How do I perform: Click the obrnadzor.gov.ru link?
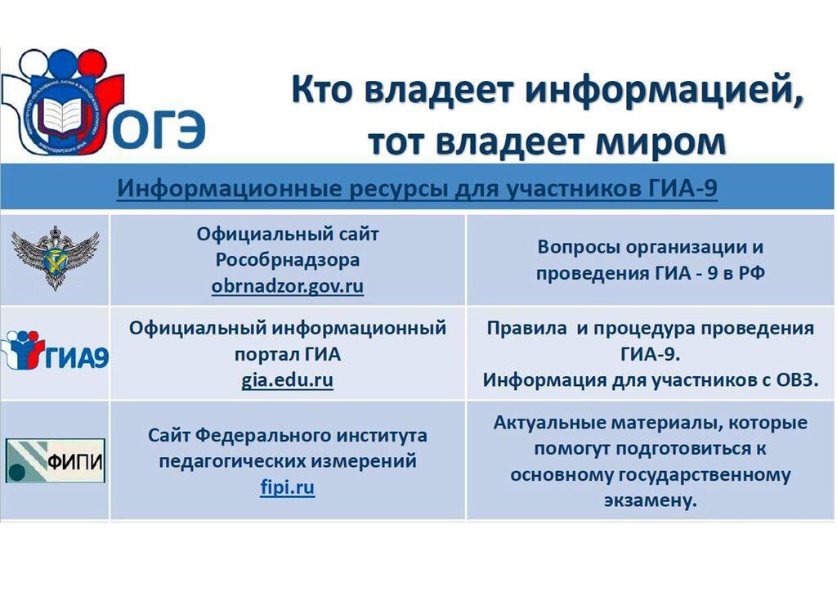tap(287, 287)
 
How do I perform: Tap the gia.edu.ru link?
tap(287, 380)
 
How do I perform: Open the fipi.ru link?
tap(287, 487)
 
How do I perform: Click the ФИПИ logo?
tap(56, 460)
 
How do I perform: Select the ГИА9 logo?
tap(56, 351)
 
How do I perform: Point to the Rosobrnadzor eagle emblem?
tap(55, 258)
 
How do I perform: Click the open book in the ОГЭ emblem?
tap(63, 114)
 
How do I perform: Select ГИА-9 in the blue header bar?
tap(683, 188)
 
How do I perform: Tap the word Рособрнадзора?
tap(288, 260)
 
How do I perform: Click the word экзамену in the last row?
tap(651, 500)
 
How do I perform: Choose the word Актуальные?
tap(549, 423)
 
